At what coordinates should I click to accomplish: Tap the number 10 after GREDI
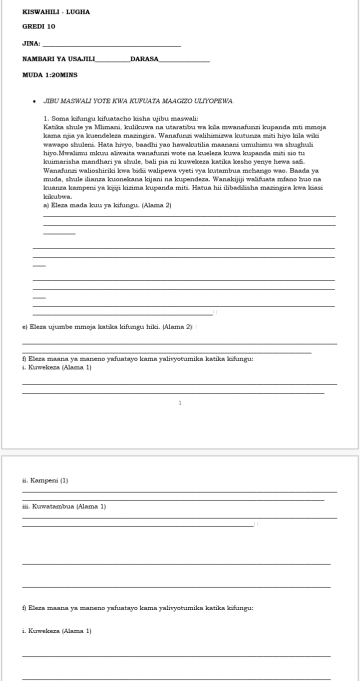(51, 26)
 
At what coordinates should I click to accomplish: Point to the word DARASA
(144, 59)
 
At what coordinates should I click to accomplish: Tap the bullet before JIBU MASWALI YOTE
(34, 101)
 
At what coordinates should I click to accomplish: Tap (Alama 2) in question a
(157, 205)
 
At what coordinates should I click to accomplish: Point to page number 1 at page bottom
(180, 403)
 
